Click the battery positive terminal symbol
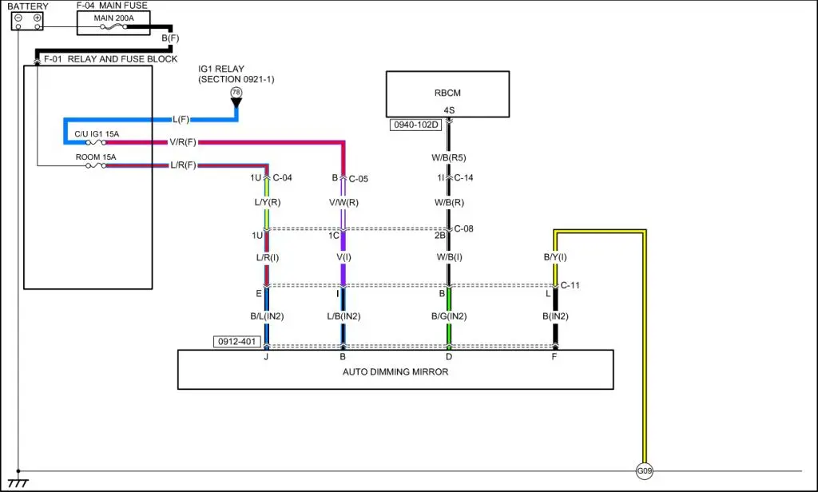[x=37, y=18]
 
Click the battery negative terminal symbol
[x=18, y=18]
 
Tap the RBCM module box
[x=447, y=94]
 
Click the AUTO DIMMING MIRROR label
[x=395, y=371]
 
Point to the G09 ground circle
[x=644, y=471]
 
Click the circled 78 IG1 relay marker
[x=236, y=93]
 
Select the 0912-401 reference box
[x=237, y=342]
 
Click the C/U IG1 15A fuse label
[x=96, y=133]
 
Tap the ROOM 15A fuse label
[x=96, y=157]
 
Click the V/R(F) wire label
[x=183, y=142]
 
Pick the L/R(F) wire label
[x=183, y=165]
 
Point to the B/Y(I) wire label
[x=555, y=257]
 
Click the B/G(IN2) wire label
[x=448, y=316]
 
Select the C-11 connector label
[x=570, y=285]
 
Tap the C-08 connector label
[x=464, y=229]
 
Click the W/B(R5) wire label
[x=450, y=157]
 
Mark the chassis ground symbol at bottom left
[x=18, y=482]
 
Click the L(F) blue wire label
[x=181, y=120]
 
